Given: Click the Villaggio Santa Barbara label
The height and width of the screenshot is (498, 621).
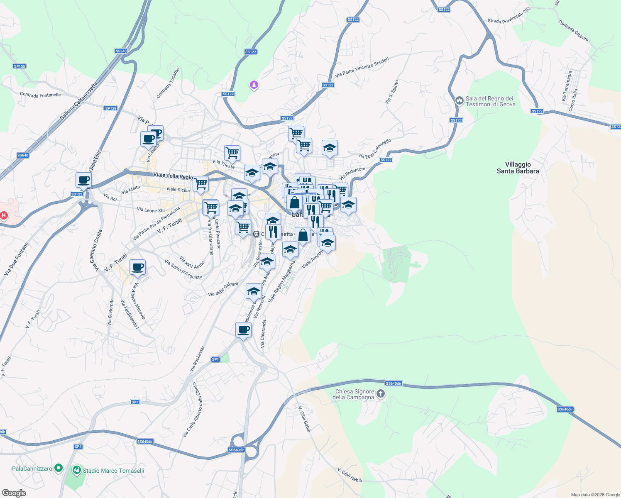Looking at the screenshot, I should coord(518,168).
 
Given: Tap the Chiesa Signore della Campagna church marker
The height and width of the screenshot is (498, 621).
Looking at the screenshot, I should coord(381,394).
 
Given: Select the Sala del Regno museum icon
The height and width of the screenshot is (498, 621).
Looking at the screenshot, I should coord(459,100).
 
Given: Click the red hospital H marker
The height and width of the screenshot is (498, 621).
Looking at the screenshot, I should coord(4,215).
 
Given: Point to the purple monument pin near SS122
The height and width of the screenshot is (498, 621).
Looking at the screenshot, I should coord(254,85).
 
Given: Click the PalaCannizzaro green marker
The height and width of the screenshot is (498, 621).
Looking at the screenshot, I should coord(59,468).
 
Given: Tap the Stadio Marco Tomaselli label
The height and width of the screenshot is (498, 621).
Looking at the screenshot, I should coord(113,471).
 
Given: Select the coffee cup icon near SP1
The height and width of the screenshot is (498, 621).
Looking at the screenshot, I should coord(243,330).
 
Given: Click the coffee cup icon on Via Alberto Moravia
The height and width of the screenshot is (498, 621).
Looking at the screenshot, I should coord(137,267).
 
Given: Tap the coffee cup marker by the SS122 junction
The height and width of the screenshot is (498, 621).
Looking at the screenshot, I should coord(84,181).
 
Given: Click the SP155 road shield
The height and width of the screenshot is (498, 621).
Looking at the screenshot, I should coord(20,66).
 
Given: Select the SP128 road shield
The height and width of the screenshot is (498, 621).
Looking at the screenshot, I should coord(111,108).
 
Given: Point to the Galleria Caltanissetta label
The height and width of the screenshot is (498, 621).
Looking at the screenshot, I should coord(79,101).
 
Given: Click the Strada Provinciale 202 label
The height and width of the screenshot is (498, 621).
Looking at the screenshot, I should coord(509,15).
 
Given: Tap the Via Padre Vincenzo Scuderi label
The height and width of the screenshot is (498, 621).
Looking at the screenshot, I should coord(362,67).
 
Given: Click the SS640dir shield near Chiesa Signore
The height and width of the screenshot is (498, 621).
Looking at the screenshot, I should coord(393,383).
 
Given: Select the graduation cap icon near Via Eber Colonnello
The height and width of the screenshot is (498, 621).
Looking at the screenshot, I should coord(330,148).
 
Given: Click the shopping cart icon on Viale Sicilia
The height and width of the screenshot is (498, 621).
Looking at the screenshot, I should coord(201,183).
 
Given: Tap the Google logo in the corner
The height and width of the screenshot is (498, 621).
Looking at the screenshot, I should coord(14,493).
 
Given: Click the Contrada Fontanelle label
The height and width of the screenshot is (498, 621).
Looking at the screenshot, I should coord(40,95).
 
